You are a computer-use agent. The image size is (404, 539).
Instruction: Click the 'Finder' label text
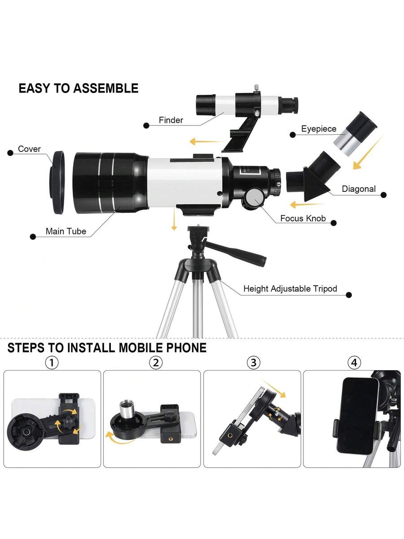tap(171, 120)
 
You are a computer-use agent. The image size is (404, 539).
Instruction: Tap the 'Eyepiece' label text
tap(319, 129)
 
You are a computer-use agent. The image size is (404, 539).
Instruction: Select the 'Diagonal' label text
tap(359, 189)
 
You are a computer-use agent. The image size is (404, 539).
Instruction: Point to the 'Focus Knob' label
tap(303, 218)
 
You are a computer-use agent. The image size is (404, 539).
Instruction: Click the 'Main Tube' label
tap(66, 231)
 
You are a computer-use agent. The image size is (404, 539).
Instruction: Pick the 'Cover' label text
tap(29, 149)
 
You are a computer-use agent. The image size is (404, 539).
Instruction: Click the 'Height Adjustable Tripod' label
tap(290, 288)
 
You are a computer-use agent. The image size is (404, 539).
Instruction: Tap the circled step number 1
tap(52, 362)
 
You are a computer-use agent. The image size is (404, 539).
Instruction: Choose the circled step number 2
tap(156, 362)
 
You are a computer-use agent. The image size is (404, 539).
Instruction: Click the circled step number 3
tap(253, 362)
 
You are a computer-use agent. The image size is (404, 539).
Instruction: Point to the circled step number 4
tap(354, 362)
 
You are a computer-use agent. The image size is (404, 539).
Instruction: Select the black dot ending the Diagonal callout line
tap(384, 195)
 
